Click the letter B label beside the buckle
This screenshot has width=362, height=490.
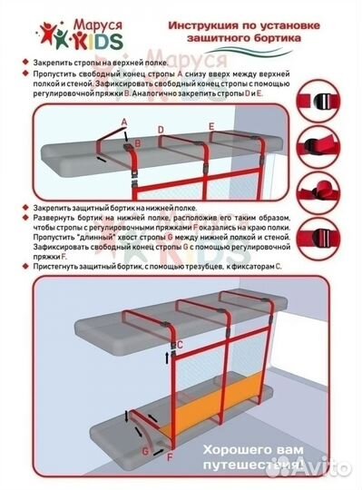(138, 142)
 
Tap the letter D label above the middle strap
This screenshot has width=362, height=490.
(161, 129)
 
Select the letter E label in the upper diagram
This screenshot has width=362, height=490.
(211, 124)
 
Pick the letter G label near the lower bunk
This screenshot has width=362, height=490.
(144, 450)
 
